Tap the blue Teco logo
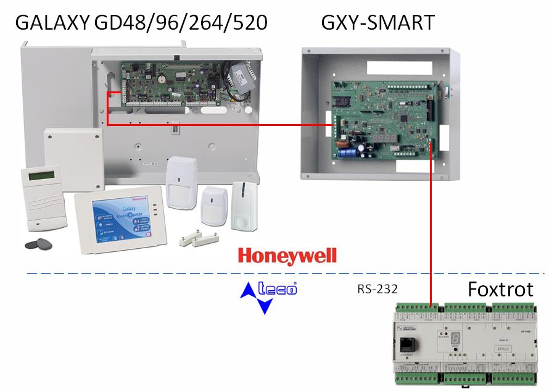269,295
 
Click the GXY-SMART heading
378,23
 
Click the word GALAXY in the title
52,23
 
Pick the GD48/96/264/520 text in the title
181,23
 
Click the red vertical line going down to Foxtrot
429,222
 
